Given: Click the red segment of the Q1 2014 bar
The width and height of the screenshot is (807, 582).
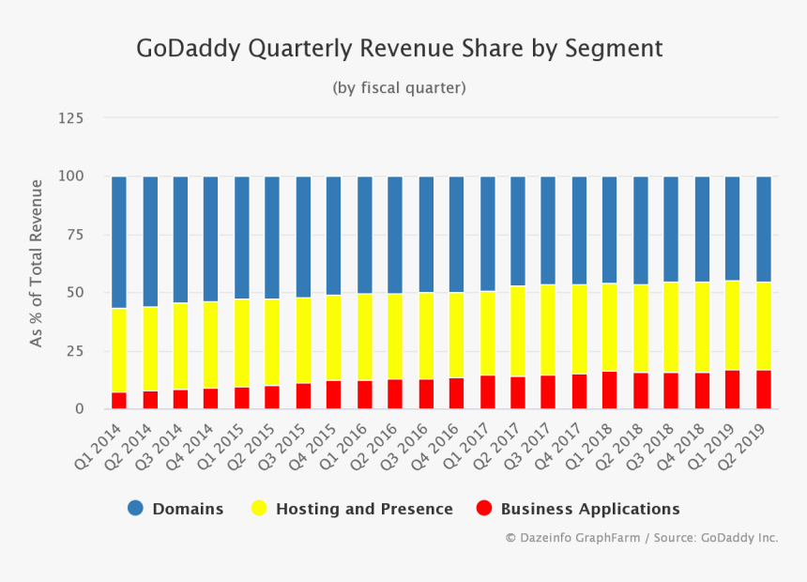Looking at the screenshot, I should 119,400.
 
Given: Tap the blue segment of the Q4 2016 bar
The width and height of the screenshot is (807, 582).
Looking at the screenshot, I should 456,235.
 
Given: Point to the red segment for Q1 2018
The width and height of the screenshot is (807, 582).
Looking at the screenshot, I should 610,390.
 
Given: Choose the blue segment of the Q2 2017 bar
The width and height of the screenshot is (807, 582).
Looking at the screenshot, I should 518,231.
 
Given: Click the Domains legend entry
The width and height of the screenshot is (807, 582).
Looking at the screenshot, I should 176,509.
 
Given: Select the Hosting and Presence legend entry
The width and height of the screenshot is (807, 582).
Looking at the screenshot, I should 353,509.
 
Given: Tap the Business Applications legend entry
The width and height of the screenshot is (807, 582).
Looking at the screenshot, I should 578,509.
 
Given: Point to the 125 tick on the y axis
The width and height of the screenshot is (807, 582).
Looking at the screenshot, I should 70,118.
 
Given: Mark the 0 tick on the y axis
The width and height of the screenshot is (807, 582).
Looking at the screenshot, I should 80,409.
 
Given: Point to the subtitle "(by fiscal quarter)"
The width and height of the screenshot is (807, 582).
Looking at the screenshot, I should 399,87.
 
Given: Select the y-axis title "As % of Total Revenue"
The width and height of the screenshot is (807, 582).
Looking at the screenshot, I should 37,263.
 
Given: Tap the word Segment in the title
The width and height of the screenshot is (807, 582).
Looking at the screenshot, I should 614,49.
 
